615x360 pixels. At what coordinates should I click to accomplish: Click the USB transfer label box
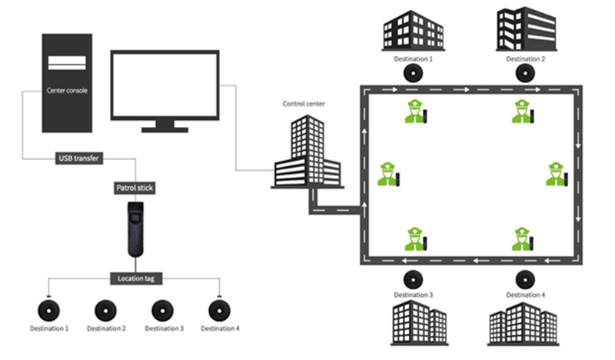click(79, 158)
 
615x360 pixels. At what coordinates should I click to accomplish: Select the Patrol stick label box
click(135, 188)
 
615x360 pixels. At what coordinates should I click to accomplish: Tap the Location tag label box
click(136, 278)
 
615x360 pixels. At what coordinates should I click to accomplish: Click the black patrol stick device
click(136, 229)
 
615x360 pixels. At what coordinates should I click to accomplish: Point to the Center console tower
click(67, 83)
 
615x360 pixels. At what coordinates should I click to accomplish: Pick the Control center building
click(307, 152)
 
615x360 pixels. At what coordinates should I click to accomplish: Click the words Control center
click(304, 104)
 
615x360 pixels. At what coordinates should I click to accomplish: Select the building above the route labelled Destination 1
click(414, 31)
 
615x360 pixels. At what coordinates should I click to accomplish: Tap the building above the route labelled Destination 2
click(527, 28)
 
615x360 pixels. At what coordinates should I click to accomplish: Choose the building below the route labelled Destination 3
click(419, 323)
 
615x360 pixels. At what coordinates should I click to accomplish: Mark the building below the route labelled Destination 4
click(524, 325)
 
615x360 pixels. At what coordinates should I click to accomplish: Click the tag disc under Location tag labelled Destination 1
click(48, 311)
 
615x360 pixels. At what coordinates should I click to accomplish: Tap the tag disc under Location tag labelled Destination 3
click(163, 311)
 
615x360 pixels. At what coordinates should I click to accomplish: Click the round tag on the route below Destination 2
click(525, 73)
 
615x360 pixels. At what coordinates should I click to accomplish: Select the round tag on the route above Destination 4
click(525, 280)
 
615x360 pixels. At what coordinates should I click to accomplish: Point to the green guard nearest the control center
click(388, 174)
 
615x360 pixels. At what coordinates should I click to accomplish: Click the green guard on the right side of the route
click(557, 174)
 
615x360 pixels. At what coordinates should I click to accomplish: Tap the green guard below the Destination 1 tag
click(416, 112)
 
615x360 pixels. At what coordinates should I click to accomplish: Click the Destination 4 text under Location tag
click(220, 328)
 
